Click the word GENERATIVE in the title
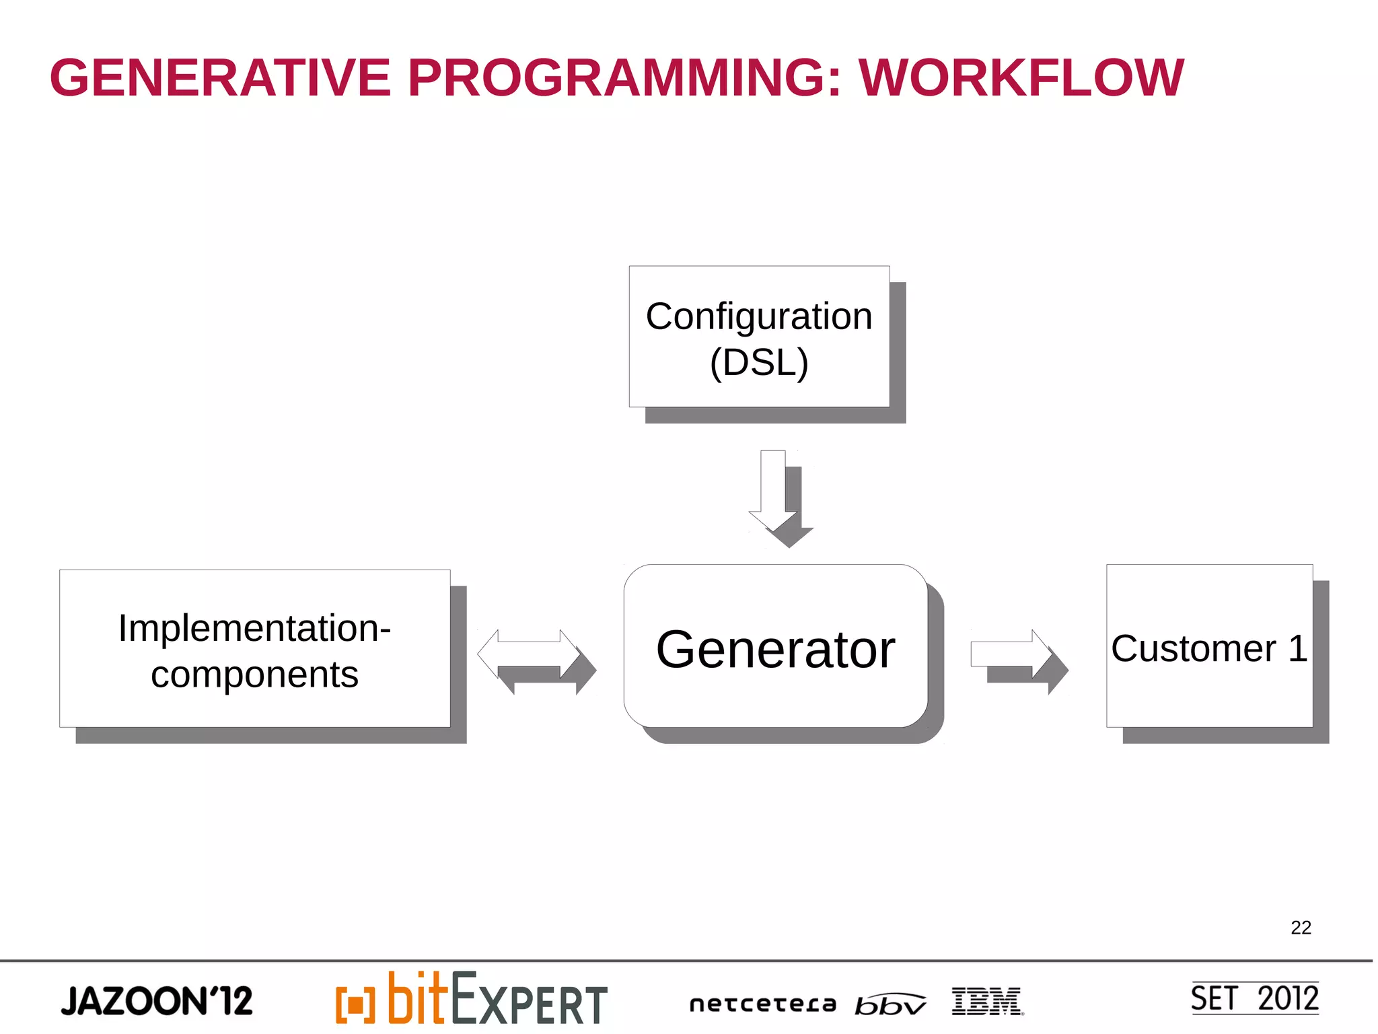pyautogui.click(x=220, y=78)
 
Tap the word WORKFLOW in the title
pyautogui.click(x=1021, y=78)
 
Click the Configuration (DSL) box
pyautogui.click(x=759, y=337)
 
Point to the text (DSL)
pyautogui.click(x=759, y=362)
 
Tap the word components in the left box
pyautogui.click(x=254, y=675)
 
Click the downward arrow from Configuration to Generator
pyautogui.click(x=774, y=491)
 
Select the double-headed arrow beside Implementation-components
pyautogui.click(x=529, y=654)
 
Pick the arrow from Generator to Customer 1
pyautogui.click(x=1011, y=654)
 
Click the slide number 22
pyautogui.click(x=1301, y=928)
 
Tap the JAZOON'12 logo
pyautogui.click(x=157, y=1001)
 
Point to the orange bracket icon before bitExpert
pyautogui.click(x=355, y=1005)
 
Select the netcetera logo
pyautogui.click(x=762, y=1004)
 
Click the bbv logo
pyautogui.click(x=890, y=1004)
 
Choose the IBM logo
pyautogui.click(x=987, y=1002)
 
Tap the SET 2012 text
pyautogui.click(x=1255, y=998)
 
